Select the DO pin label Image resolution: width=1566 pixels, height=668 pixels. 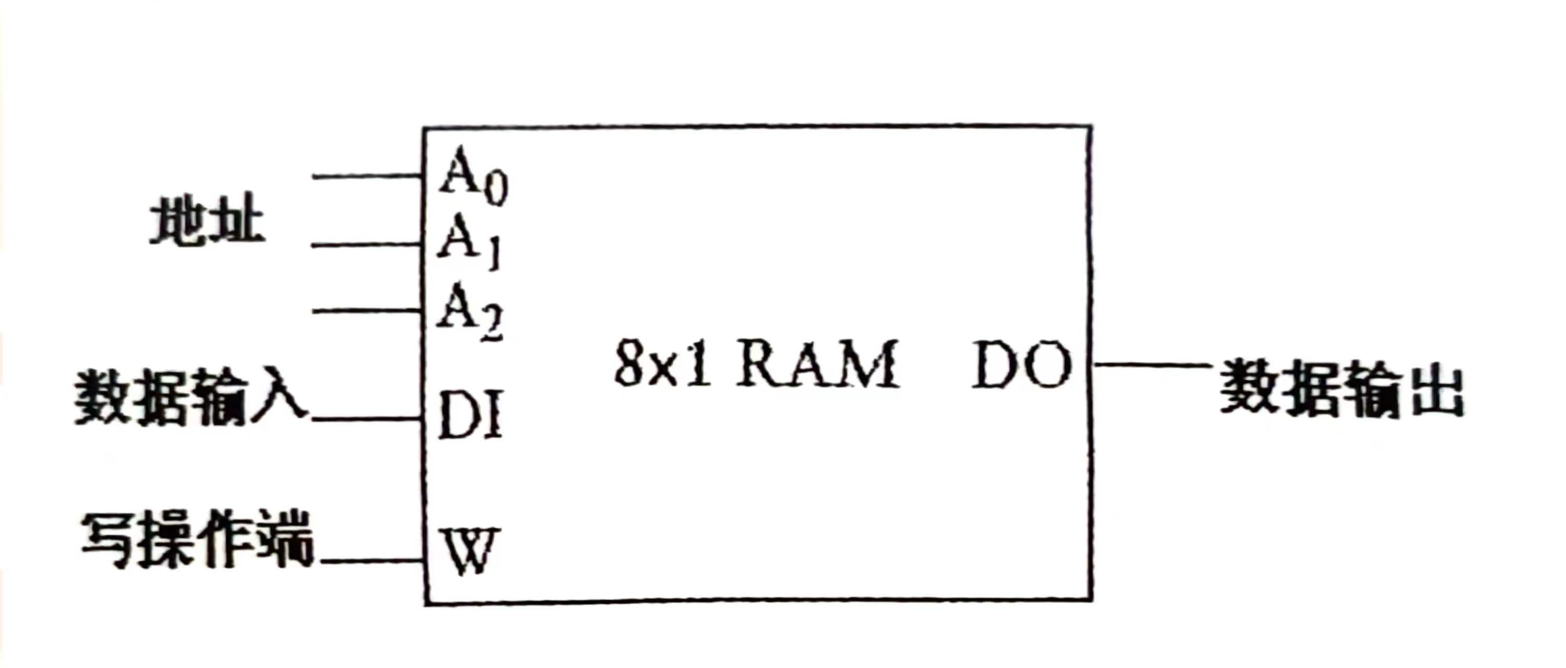click(x=1022, y=365)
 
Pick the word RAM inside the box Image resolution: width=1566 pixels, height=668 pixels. click(x=817, y=365)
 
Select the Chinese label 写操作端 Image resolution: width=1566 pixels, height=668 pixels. click(x=197, y=540)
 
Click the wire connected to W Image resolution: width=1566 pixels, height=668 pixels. click(x=372, y=560)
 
